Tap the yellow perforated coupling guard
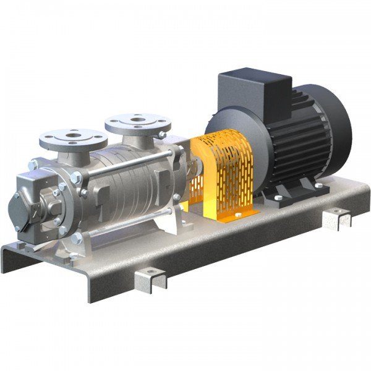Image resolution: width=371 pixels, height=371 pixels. [x=226, y=170]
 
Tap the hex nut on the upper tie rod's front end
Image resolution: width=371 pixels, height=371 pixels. [x=75, y=177]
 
